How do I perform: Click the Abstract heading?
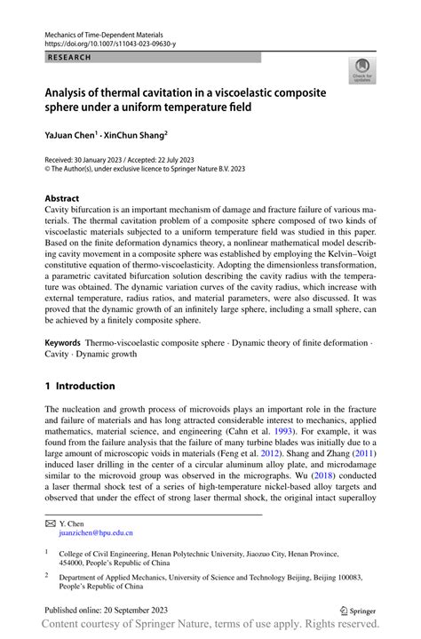(65, 199)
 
